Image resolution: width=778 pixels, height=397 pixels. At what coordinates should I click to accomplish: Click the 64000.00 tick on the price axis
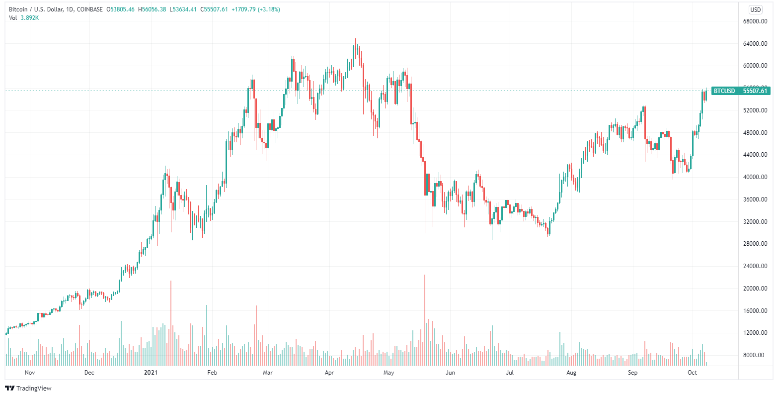(753, 44)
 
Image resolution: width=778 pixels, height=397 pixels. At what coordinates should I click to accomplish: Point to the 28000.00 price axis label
(753, 244)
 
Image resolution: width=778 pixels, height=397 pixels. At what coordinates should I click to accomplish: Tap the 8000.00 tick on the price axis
(754, 355)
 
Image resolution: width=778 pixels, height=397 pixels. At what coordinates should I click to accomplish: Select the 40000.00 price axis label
(753, 177)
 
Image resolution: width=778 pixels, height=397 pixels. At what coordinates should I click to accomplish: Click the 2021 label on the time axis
(151, 372)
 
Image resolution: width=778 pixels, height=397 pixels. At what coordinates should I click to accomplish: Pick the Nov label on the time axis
(29, 372)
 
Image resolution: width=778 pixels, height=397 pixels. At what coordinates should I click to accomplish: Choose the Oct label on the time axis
(693, 372)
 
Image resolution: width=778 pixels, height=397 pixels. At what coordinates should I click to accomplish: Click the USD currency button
(755, 9)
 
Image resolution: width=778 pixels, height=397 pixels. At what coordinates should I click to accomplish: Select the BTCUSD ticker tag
(724, 91)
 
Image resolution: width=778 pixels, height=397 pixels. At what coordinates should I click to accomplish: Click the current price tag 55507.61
(755, 91)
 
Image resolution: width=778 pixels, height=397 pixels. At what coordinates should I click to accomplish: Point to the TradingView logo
(28, 388)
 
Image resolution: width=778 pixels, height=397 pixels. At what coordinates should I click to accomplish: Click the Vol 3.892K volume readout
(24, 18)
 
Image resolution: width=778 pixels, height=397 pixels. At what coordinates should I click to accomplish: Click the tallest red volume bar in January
(171, 323)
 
